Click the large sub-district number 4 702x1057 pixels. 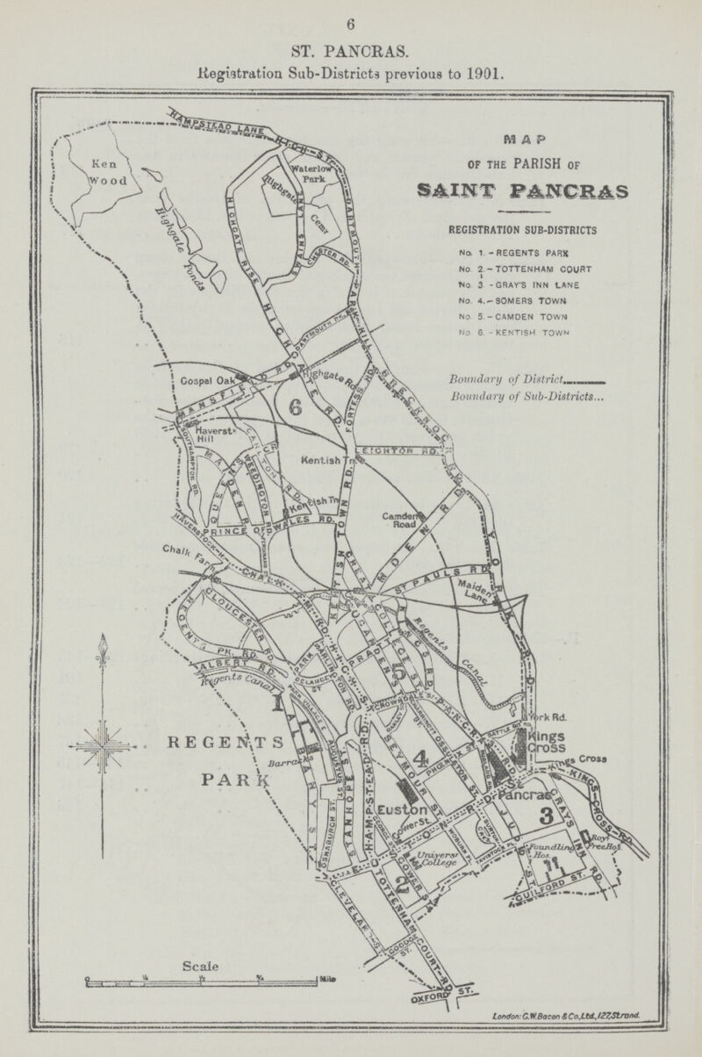[420, 757]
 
